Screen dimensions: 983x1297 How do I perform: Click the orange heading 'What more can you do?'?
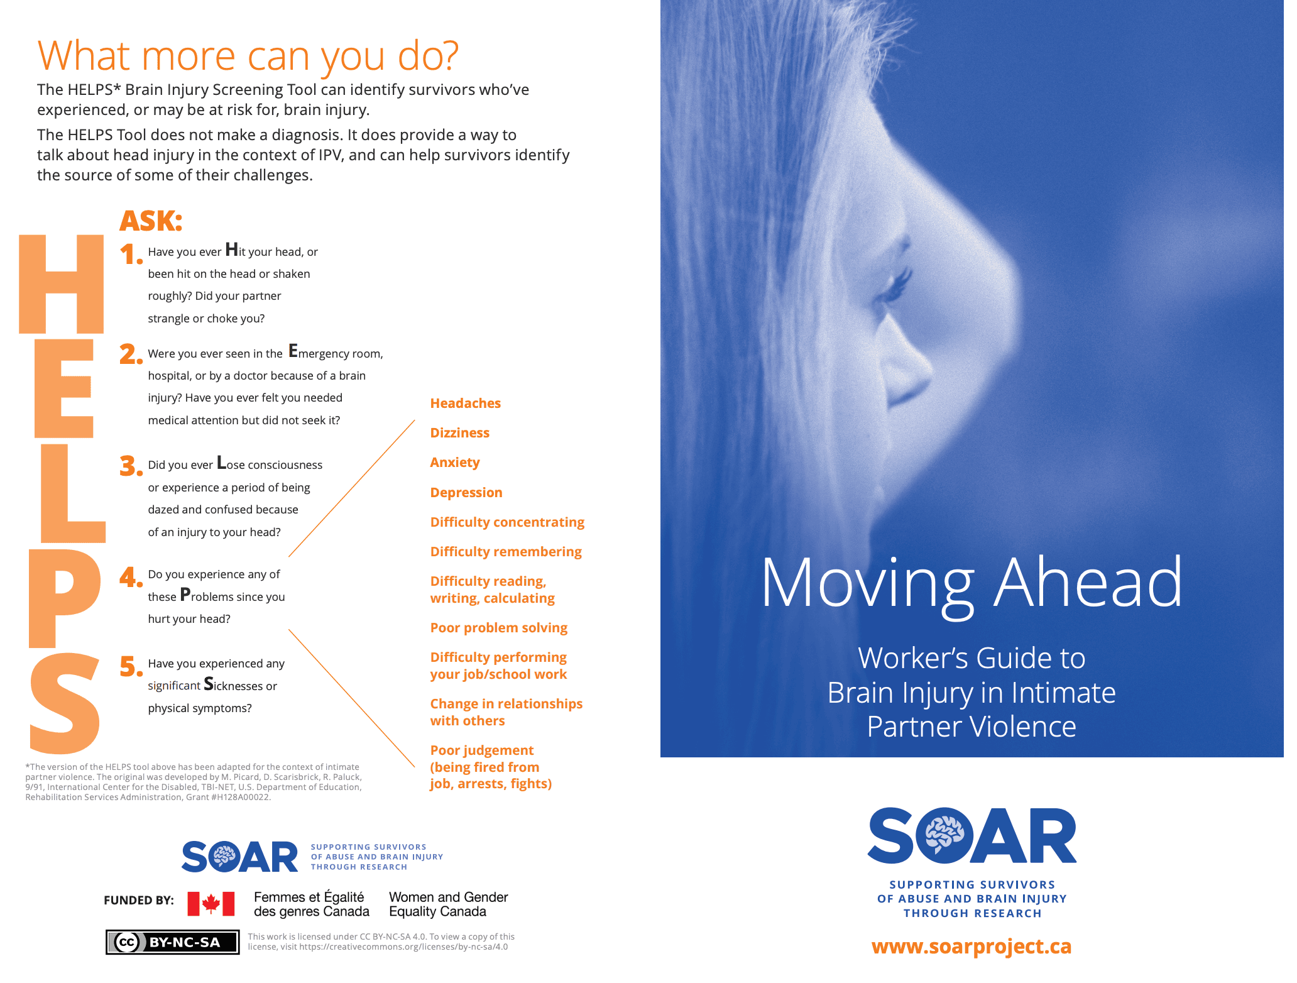coord(248,56)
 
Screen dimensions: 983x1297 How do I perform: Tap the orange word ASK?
coord(151,221)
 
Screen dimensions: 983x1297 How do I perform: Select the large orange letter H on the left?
coord(62,284)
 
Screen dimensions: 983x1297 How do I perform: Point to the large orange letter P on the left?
coord(63,597)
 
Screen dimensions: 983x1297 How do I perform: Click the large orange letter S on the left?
coord(65,703)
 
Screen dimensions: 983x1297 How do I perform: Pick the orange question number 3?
coord(130,466)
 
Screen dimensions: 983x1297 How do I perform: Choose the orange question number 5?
coord(131,667)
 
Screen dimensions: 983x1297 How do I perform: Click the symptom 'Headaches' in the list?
coord(465,404)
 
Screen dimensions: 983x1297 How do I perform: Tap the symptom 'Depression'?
coord(466,493)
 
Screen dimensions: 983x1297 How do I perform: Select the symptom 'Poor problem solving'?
coord(498,628)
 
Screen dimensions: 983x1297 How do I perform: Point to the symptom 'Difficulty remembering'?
coord(505,552)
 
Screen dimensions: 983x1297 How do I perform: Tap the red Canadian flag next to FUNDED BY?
coord(211,904)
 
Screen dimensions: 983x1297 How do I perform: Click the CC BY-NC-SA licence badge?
coord(173,942)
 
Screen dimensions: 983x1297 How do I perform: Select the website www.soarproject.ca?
coord(971,947)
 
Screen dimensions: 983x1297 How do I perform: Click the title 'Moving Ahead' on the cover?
coord(971,583)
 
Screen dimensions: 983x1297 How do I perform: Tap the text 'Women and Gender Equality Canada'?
coord(448,904)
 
